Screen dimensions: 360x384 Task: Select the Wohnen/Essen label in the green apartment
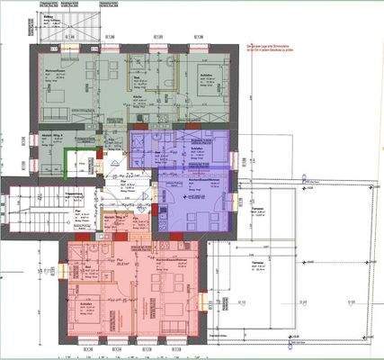tap(56, 70)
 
